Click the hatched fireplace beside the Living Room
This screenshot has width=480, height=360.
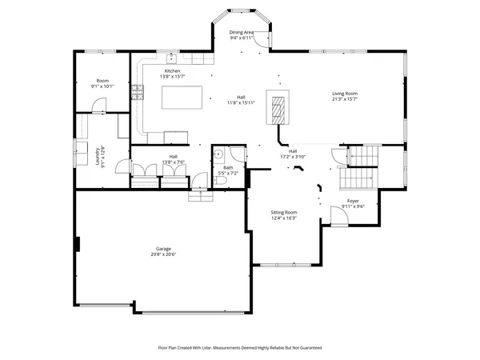pyautogui.click(x=278, y=107)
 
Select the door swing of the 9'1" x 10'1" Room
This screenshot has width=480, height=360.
pyautogui.click(x=97, y=104)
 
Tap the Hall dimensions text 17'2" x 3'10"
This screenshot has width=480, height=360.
pyautogui.click(x=293, y=157)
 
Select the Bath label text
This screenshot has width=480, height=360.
pyautogui.click(x=228, y=167)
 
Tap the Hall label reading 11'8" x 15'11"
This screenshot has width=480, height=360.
pyautogui.click(x=241, y=102)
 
